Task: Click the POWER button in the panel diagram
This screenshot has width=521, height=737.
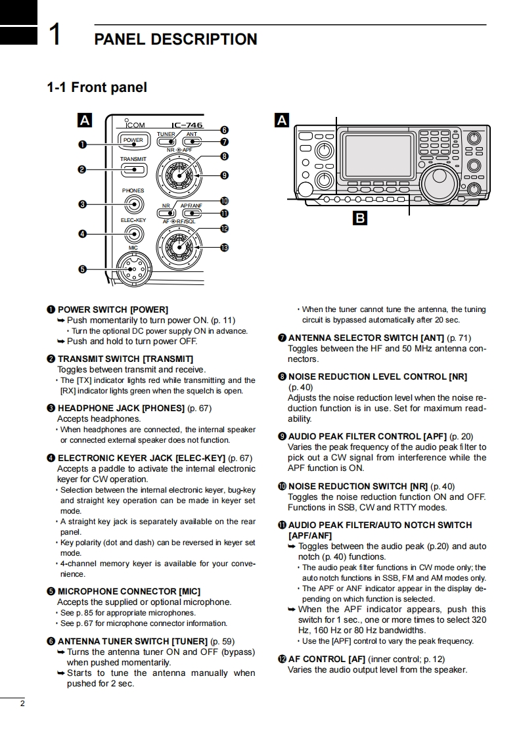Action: [x=133, y=140]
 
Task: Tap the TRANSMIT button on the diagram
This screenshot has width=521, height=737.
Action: [x=133, y=169]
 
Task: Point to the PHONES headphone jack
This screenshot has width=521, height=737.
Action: [x=134, y=204]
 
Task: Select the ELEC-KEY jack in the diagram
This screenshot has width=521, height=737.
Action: [x=133, y=234]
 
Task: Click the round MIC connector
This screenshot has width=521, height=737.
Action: [x=134, y=269]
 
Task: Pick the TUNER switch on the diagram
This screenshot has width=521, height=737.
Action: [x=166, y=141]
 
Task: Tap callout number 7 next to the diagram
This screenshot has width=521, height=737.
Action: [x=224, y=141]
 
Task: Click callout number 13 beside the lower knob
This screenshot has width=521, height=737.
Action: [x=224, y=247]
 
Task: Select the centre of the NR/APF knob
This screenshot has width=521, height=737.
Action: [x=179, y=175]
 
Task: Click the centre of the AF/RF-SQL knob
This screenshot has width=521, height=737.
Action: [x=179, y=247]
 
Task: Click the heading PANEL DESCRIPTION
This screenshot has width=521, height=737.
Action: [x=176, y=39]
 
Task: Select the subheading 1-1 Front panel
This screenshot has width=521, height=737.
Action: [x=97, y=87]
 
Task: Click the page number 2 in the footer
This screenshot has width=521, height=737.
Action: [x=22, y=703]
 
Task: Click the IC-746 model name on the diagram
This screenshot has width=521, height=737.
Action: [x=187, y=125]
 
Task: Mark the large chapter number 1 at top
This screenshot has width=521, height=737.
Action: [x=55, y=34]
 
